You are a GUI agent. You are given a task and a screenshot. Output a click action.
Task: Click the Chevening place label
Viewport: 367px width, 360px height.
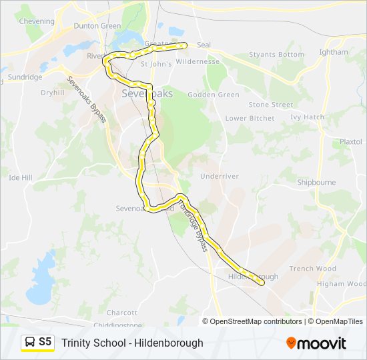[37, 21]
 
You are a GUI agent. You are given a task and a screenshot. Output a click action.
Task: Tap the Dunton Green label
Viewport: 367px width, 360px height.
[97, 26]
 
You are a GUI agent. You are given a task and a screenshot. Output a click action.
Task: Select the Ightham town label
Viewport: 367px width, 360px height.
[334, 52]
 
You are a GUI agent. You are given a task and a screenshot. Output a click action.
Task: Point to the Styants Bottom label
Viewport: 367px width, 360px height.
[276, 55]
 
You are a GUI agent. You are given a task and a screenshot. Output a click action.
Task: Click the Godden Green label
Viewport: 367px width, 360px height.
[214, 95]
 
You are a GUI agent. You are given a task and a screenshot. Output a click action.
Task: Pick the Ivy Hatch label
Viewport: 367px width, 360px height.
[307, 117]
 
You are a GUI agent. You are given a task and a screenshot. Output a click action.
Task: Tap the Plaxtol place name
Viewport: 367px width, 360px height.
[350, 142]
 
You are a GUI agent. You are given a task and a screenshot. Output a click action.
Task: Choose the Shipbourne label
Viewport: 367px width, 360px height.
[316, 181]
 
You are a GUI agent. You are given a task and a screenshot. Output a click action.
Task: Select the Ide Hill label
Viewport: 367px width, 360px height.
[20, 178]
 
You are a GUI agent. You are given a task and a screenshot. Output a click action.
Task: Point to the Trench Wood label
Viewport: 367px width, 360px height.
[312, 269]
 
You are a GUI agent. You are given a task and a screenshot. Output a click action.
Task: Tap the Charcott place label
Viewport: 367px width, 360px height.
[121, 312]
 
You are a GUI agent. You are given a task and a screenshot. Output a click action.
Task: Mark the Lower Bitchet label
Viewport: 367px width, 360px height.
[250, 118]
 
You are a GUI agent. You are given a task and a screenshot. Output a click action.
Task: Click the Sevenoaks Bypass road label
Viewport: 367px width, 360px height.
[87, 98]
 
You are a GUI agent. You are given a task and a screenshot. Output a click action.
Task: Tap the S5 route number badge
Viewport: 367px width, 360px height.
[45, 342]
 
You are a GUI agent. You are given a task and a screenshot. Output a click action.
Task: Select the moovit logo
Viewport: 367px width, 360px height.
[316, 343]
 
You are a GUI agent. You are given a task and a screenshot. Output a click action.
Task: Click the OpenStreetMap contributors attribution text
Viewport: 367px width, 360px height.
[256, 321]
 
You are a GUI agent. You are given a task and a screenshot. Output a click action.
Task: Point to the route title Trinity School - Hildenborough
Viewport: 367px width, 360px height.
[132, 343]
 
